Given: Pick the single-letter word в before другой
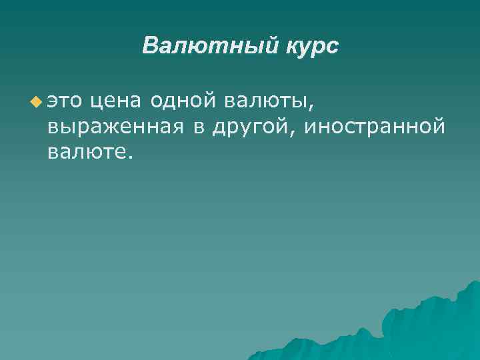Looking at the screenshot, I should pos(199,128).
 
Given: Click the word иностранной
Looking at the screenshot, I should pos(373,128).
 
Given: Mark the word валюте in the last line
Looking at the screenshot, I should pos(87,153).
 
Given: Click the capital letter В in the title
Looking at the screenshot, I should pos(151,47).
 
